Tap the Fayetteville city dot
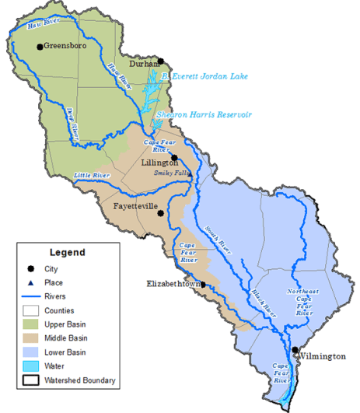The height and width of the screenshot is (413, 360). tap(160, 212)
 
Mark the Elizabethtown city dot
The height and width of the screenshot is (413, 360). tap(204, 285)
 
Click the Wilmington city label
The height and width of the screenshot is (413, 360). tap(322, 355)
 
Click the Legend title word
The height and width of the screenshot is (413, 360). tap(68, 253)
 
